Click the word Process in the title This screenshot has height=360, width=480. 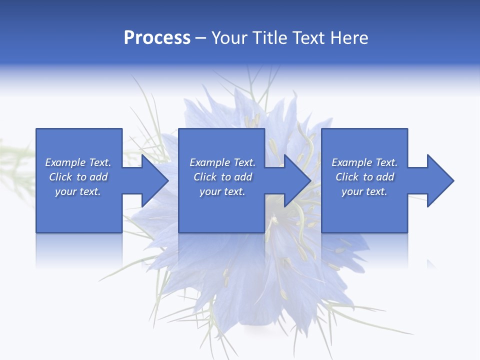tap(157, 38)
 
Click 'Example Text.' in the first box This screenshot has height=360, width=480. tap(78, 162)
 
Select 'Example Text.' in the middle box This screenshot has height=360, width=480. tap(222, 162)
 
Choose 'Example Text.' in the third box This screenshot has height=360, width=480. tap(364, 162)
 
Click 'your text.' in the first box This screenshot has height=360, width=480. tap(78, 191)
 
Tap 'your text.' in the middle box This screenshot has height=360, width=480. tap(222, 191)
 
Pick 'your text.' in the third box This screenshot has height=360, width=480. tap(364, 191)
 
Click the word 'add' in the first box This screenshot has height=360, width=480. tap(98, 177)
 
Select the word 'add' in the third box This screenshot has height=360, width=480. tap(385, 177)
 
